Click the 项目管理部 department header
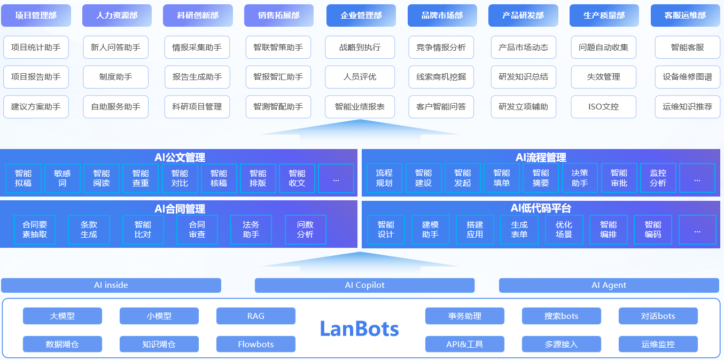(x=36, y=15)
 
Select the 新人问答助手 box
(x=115, y=48)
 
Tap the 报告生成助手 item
(x=197, y=77)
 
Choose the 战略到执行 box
(x=360, y=48)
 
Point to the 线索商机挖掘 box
(x=441, y=77)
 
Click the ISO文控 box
(x=603, y=107)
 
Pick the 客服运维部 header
(x=685, y=15)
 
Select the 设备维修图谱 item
(x=687, y=77)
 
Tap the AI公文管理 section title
(x=180, y=157)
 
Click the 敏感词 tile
(x=63, y=178)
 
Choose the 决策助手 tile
(x=580, y=178)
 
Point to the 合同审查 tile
(x=197, y=230)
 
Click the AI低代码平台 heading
(x=541, y=208)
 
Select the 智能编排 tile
(x=608, y=230)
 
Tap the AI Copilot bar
(x=364, y=285)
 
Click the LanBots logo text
(x=359, y=328)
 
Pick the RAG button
(x=255, y=316)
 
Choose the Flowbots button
(x=255, y=345)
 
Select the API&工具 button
(x=464, y=345)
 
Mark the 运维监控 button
(x=658, y=345)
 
